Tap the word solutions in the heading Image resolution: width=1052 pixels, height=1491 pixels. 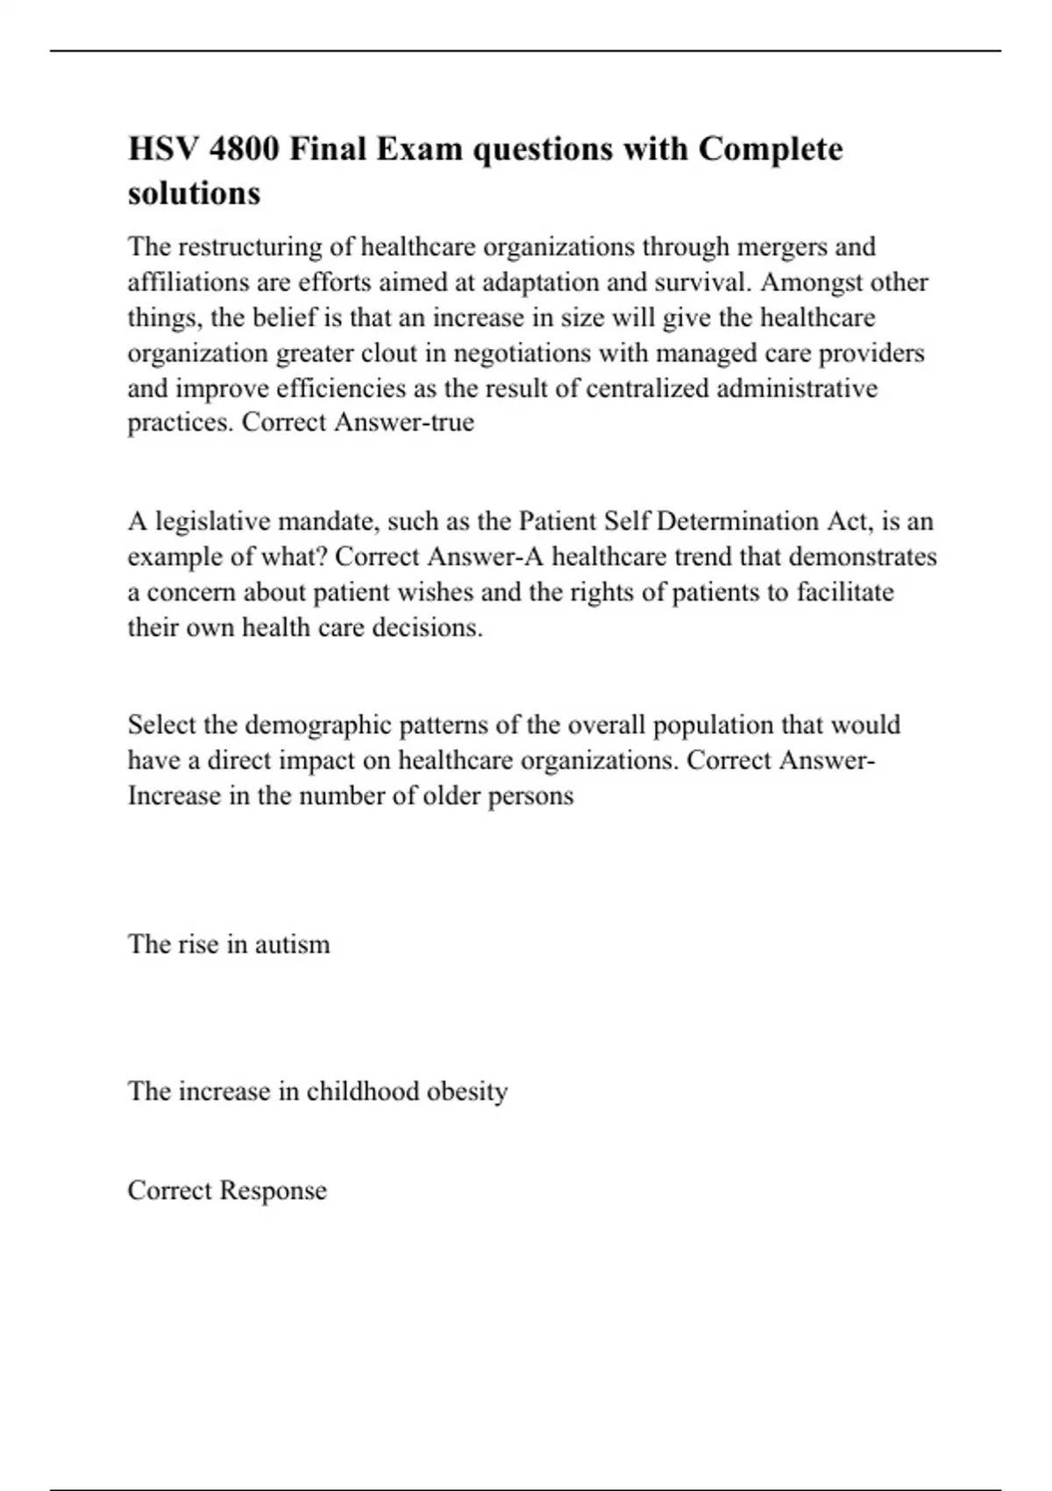click(x=194, y=193)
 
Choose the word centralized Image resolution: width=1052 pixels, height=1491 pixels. click(x=648, y=388)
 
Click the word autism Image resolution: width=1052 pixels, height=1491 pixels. click(x=292, y=945)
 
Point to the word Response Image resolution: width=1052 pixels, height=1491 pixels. click(x=273, y=1190)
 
